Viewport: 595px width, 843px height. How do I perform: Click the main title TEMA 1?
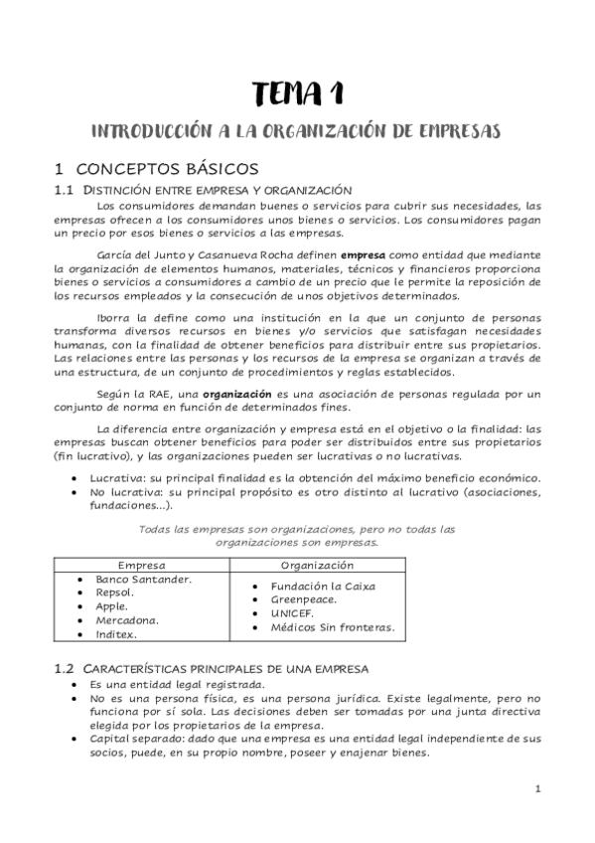(297, 94)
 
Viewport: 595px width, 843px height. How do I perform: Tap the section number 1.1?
(65, 189)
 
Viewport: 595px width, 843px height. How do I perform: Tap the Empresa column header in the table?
(142, 564)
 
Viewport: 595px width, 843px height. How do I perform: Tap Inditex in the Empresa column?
(116, 634)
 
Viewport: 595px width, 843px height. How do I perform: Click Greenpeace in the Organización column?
(303, 599)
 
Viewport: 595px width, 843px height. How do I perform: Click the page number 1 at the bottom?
(537, 790)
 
